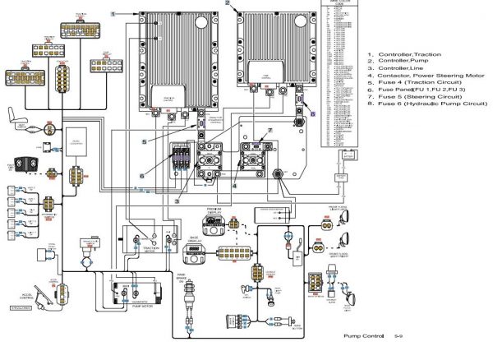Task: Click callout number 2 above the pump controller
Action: [x=227, y=4]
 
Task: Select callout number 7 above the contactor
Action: [x=267, y=132]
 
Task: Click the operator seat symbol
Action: [x=16, y=114]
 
